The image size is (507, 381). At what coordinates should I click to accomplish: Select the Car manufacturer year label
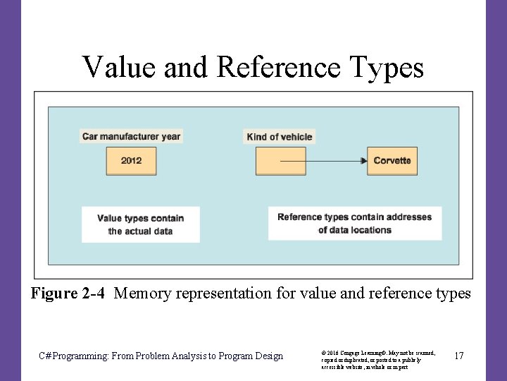tap(131, 136)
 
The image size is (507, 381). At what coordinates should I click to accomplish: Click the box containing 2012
tap(131, 161)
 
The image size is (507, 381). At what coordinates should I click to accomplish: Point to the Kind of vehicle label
tap(280, 137)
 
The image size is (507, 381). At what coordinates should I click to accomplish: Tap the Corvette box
tap(392, 161)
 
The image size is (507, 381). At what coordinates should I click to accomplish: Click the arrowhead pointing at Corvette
tap(363, 161)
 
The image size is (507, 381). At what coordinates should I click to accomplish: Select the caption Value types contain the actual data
tap(140, 224)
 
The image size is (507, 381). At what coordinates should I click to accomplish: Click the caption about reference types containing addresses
tap(354, 223)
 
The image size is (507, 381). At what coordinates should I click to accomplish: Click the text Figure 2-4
tap(68, 294)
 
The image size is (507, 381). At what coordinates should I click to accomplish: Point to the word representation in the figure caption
tap(226, 294)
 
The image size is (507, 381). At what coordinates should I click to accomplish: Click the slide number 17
tap(458, 356)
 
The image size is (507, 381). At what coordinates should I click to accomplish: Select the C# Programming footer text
tap(161, 356)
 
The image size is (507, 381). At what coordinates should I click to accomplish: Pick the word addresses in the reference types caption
tap(410, 217)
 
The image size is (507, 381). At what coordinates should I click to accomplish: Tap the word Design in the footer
tap(268, 356)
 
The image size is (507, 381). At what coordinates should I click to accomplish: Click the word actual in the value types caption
tap(139, 231)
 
